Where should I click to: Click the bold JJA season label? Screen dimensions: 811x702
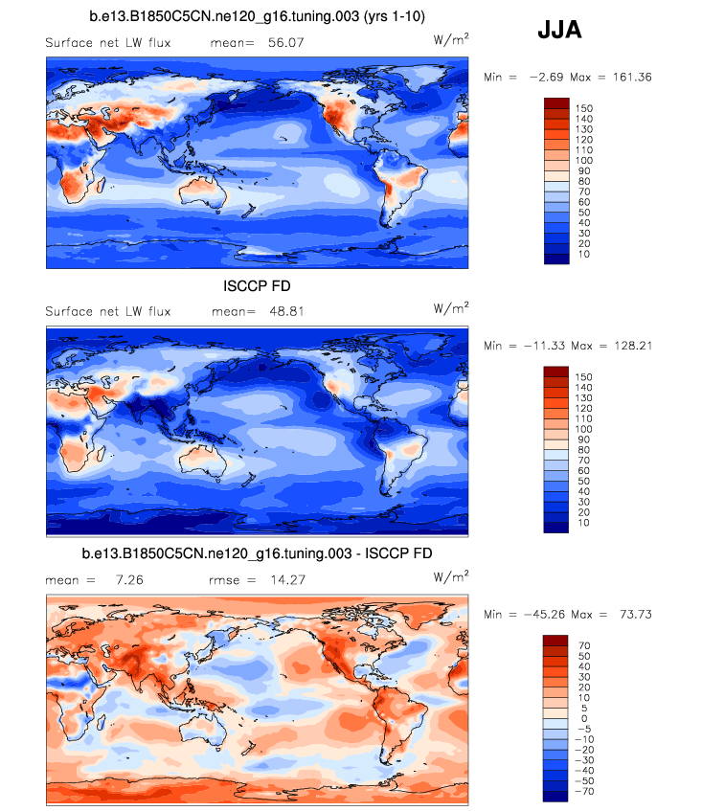(x=559, y=32)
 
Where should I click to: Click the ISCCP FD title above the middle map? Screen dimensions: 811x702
(x=256, y=286)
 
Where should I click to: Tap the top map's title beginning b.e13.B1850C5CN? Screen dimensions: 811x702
(x=257, y=16)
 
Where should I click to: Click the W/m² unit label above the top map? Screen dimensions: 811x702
(x=451, y=39)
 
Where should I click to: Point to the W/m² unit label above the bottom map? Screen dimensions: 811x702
(x=451, y=575)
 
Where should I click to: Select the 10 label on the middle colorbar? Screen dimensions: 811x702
(x=582, y=523)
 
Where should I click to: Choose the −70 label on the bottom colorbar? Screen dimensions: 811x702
(x=583, y=792)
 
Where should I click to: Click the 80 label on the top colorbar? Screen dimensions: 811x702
(x=582, y=181)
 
